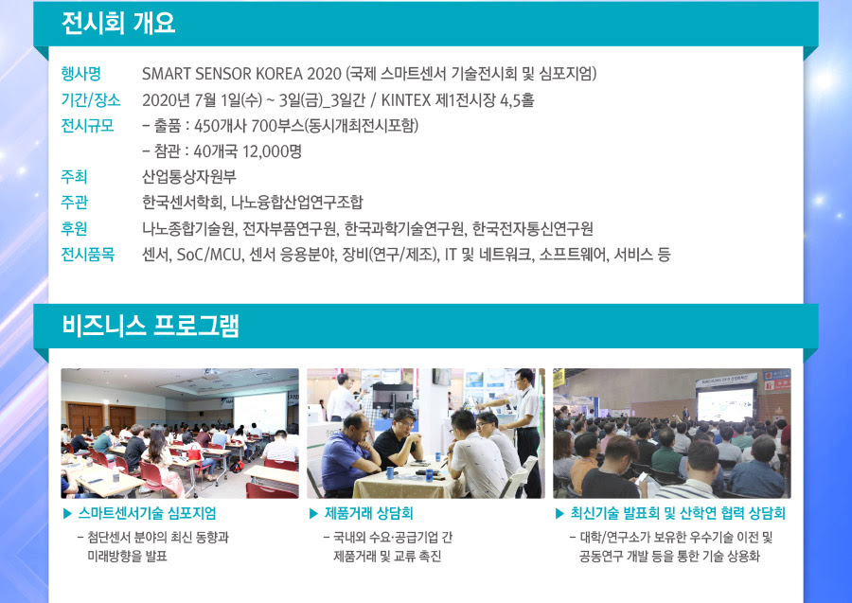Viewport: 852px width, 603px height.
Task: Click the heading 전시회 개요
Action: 118,24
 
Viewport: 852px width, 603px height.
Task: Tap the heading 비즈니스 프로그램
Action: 150,326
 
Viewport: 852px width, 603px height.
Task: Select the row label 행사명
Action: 81,73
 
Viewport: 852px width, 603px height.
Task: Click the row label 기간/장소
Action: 91,100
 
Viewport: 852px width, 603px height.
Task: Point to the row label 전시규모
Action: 87,126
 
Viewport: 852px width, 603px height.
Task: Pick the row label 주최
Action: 74,177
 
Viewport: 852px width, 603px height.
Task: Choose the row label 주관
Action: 74,202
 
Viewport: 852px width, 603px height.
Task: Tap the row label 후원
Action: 74,228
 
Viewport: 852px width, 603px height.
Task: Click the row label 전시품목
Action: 87,254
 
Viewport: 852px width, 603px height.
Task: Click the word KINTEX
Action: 405,100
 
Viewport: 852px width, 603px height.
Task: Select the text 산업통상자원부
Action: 189,177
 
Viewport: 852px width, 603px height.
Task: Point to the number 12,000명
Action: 271,151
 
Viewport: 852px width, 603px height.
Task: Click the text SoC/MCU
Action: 209,255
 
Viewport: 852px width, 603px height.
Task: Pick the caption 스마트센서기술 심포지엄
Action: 148,513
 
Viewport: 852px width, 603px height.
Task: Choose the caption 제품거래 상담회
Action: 369,513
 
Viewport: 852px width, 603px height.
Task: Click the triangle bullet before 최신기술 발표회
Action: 559,513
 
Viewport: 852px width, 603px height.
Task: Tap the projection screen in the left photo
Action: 259,413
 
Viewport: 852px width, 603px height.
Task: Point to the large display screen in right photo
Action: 725,404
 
